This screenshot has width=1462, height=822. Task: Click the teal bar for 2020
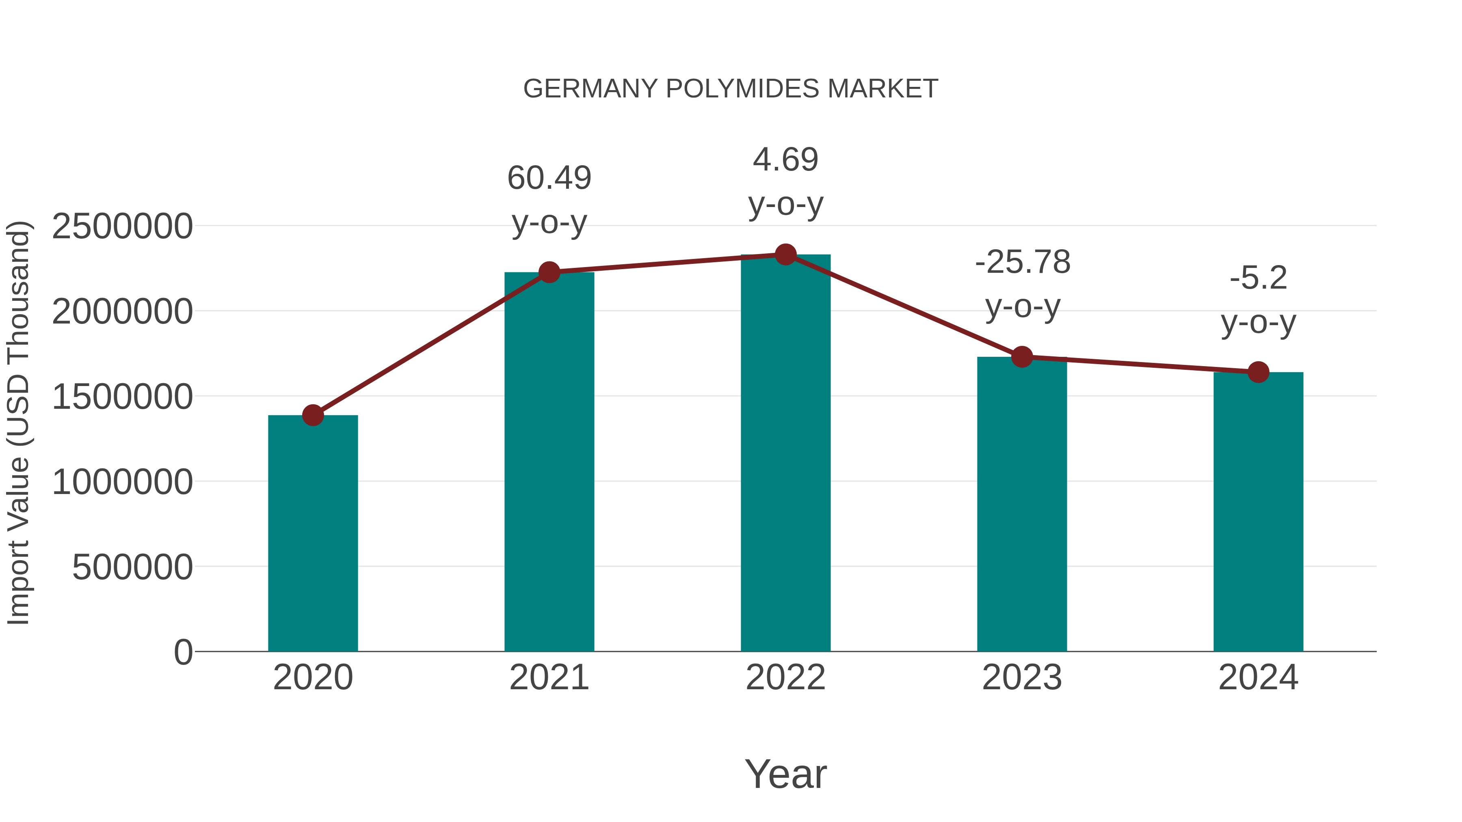[x=313, y=533]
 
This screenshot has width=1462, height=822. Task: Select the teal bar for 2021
[x=549, y=462]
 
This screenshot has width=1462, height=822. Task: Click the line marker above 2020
[x=313, y=415]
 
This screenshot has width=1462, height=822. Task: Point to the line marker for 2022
[x=785, y=255]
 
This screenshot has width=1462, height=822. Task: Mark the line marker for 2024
[x=1258, y=372]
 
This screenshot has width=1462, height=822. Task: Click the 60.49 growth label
[x=549, y=178]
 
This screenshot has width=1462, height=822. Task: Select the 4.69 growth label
[x=785, y=160]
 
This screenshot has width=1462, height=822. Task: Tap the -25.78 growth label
[x=1022, y=263]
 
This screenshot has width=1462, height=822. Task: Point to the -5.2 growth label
[x=1258, y=278]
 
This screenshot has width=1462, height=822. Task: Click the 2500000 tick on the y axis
[x=122, y=227]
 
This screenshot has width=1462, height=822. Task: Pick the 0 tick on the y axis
[x=183, y=652]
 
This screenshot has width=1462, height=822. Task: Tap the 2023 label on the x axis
[x=1022, y=677]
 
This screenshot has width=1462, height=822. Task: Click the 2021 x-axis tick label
[x=549, y=677]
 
